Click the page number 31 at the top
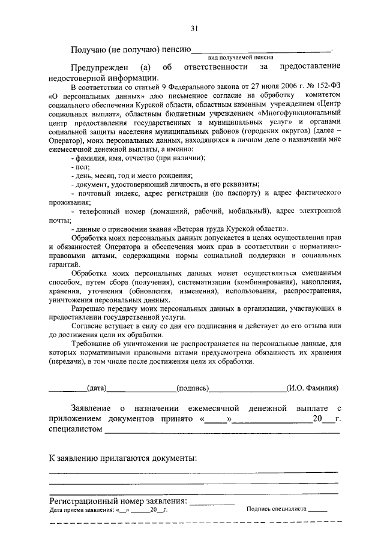[x=194, y=28]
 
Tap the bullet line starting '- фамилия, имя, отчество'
[x=137, y=157]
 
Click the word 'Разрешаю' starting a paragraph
[x=88, y=308]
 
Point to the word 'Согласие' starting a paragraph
[x=86, y=326]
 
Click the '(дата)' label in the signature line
[x=97, y=388]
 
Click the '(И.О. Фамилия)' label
[x=313, y=388]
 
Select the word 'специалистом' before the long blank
[x=76, y=430]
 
